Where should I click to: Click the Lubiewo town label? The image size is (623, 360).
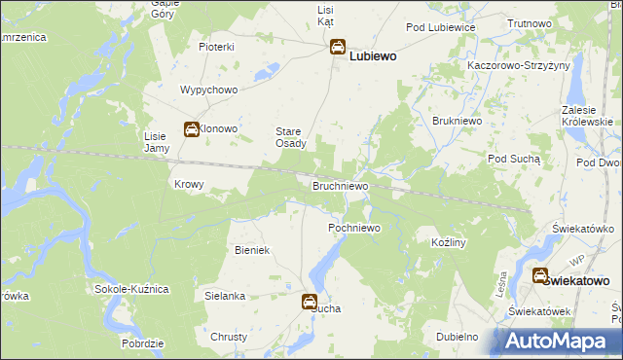(373, 56)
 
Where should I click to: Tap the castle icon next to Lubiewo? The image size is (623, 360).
(337, 47)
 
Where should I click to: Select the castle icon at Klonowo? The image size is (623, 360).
(192, 128)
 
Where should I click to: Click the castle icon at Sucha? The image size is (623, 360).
(310, 302)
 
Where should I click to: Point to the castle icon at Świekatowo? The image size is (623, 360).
(539, 275)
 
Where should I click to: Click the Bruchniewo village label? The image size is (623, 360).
(340, 184)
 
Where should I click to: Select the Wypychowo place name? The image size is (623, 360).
(209, 90)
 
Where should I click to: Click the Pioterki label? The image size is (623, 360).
(217, 47)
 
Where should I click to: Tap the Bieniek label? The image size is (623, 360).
(251, 250)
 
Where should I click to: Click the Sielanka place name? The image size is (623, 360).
(225, 294)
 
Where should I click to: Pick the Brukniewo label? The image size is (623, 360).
(453, 121)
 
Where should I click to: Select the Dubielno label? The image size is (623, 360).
(457, 337)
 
